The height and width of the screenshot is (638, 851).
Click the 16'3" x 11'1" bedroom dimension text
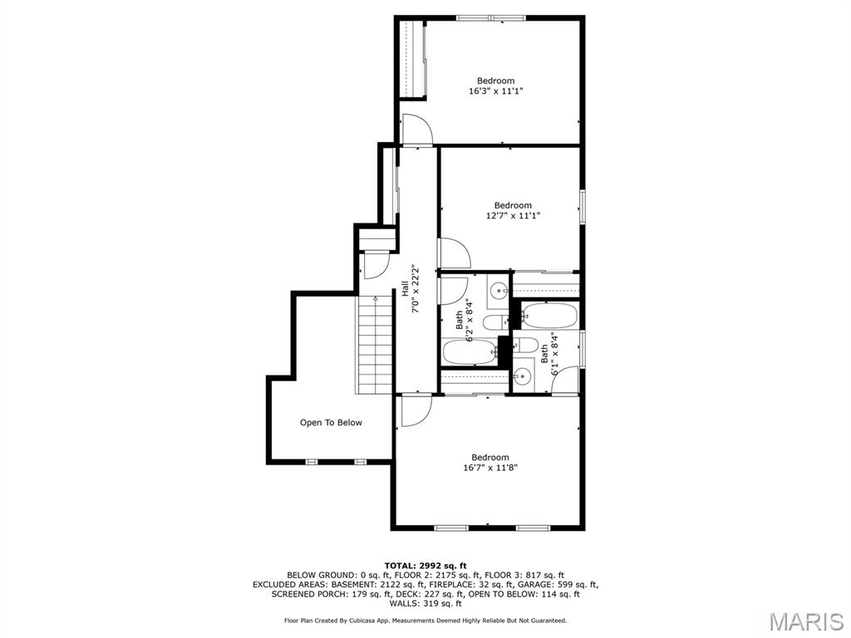pyautogui.click(x=495, y=91)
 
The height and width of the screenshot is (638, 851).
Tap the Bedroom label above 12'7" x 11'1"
pyautogui.click(x=513, y=205)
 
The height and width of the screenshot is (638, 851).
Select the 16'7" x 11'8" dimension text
pyautogui.click(x=489, y=468)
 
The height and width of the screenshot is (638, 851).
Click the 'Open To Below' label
pyautogui.click(x=331, y=423)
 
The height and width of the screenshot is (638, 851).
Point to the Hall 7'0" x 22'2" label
pyautogui.click(x=410, y=288)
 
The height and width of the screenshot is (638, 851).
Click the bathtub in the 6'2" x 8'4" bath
pyautogui.click(x=470, y=352)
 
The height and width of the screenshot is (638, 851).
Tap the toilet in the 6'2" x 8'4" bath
pyautogui.click(x=494, y=322)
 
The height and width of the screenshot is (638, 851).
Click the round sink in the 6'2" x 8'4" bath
pyautogui.click(x=497, y=291)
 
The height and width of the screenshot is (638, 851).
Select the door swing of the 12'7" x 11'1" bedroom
pyautogui.click(x=454, y=253)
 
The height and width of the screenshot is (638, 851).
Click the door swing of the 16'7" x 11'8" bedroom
pyautogui.click(x=416, y=411)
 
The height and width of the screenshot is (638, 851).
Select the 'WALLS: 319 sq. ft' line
pyautogui.click(x=425, y=604)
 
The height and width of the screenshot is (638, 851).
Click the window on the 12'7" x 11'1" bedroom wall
pyautogui.click(x=583, y=206)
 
